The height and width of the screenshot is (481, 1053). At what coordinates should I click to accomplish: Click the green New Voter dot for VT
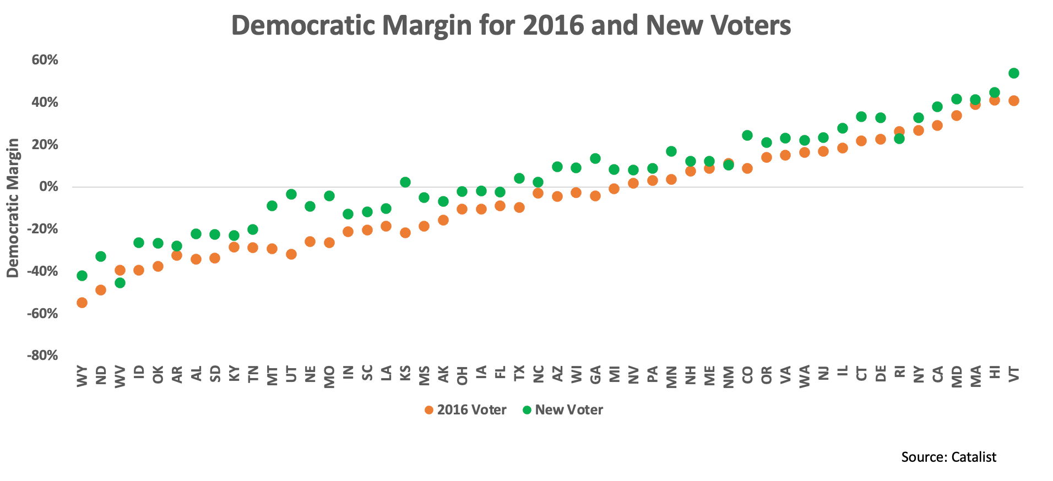[x=1013, y=73]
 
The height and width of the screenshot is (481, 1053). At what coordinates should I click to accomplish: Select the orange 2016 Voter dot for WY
[x=82, y=303]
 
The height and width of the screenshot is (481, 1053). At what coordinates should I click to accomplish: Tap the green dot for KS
[x=405, y=182]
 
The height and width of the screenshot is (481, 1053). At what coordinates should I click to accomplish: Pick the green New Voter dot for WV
[x=120, y=283]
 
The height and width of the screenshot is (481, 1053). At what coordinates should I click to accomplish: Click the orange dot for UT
[x=291, y=254]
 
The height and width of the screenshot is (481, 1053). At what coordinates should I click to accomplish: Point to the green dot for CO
[x=747, y=135]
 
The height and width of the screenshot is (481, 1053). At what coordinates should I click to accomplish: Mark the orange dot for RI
[x=899, y=132]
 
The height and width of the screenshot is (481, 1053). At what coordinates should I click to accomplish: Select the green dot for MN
[x=671, y=151]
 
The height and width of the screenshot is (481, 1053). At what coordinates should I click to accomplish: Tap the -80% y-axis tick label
[x=43, y=356]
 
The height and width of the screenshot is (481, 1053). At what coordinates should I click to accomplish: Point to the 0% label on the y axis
[x=49, y=187]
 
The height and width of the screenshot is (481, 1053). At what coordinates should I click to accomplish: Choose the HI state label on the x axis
[x=995, y=373]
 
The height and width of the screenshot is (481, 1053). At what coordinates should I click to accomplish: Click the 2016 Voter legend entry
[x=465, y=410]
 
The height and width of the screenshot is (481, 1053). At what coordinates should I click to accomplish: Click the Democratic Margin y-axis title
[x=13, y=208]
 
